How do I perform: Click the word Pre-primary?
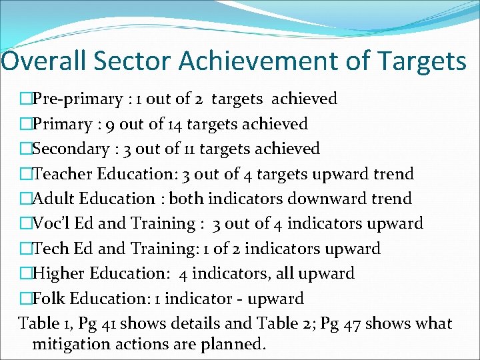75,100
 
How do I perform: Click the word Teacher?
63,175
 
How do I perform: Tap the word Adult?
53,199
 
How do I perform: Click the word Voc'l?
51,224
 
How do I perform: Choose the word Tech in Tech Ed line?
50,249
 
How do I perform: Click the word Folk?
48,299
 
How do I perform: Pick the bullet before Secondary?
26,149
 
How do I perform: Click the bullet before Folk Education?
26,299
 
